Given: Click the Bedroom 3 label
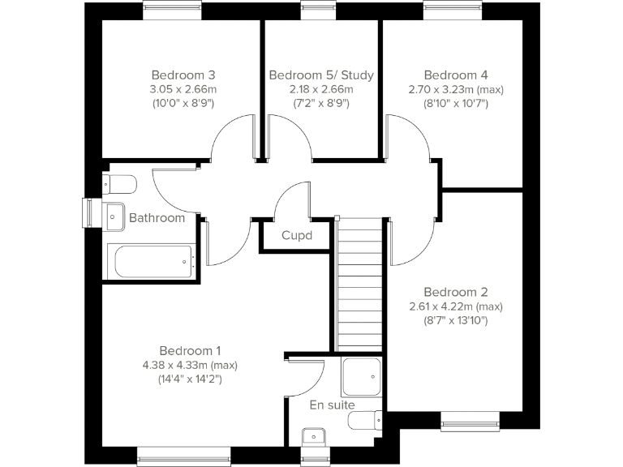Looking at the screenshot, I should (183, 75).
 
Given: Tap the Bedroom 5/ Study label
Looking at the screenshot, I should (321, 75).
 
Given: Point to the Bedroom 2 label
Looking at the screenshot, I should (455, 292).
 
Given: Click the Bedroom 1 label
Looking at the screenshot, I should (190, 350).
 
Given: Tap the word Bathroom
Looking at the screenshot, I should (157, 218).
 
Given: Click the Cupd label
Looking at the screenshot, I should (296, 236).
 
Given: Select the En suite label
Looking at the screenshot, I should (333, 405).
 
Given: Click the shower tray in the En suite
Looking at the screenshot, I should (361, 376).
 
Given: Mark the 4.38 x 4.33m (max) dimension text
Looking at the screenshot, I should (190, 365).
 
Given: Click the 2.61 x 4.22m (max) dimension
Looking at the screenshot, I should (455, 306).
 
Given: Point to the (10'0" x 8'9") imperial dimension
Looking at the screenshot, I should (183, 104).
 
